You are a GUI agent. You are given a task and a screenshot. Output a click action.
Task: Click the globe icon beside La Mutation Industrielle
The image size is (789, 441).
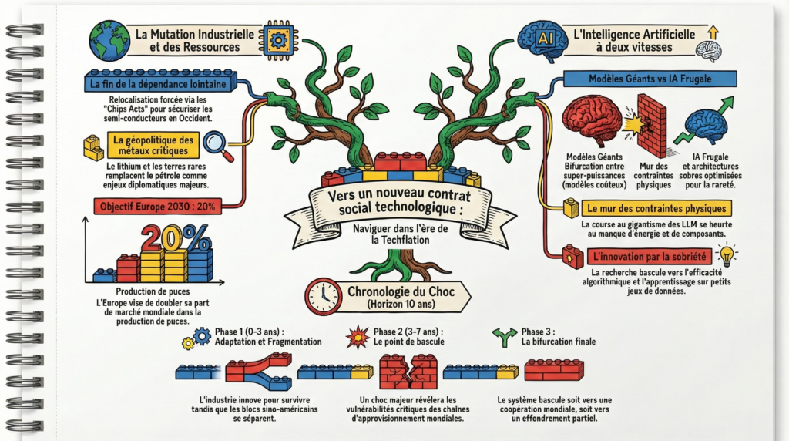[109, 40]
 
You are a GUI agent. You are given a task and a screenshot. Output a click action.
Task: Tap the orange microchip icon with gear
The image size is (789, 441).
[277, 38]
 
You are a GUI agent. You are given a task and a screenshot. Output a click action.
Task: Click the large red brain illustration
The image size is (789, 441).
[592, 120]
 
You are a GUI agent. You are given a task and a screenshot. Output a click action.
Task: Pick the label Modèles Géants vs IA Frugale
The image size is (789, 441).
[650, 78]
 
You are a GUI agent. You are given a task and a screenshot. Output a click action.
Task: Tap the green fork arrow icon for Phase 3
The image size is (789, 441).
[505, 335]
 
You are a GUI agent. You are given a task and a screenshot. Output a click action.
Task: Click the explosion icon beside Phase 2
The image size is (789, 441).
[358, 337]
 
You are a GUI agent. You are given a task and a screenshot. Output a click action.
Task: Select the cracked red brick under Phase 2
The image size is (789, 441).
[408, 372]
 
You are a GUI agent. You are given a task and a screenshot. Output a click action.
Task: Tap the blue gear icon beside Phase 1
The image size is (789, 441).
[203, 335]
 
